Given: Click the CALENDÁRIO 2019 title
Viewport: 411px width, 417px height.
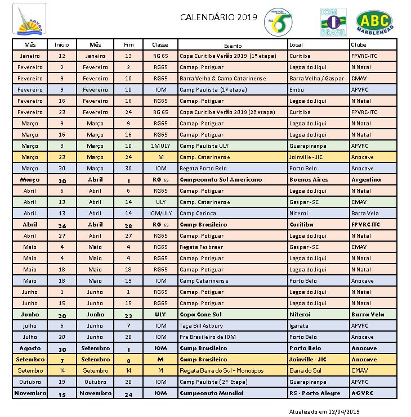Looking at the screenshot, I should coord(218,17).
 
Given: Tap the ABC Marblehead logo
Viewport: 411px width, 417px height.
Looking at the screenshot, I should coord(374,22).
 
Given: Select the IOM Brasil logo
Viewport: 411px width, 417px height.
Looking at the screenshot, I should coord(333,22).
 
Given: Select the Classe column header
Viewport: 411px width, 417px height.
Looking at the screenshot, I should coord(160,44).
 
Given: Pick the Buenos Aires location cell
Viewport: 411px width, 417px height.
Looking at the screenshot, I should coord(308,180).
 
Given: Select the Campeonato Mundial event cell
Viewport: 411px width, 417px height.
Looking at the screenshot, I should coord(211,393).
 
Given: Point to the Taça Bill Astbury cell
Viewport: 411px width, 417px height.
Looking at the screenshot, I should coord(201,326).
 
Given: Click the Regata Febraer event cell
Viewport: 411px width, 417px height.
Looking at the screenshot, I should coord(201,247).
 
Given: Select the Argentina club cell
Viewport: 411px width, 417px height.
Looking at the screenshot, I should coord(366,180).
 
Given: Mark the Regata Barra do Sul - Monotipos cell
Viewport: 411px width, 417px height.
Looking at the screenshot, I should coord(224,371).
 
